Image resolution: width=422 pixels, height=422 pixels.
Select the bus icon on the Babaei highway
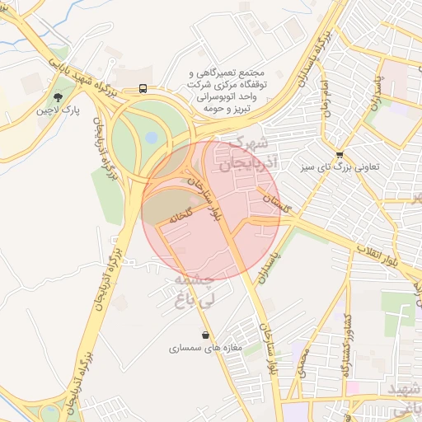[143, 88]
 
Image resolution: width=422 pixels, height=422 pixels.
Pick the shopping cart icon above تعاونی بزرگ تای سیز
[340, 154]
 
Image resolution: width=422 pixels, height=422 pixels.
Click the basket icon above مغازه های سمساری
[204, 335]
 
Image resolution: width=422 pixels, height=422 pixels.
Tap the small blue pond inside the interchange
[151, 137]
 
